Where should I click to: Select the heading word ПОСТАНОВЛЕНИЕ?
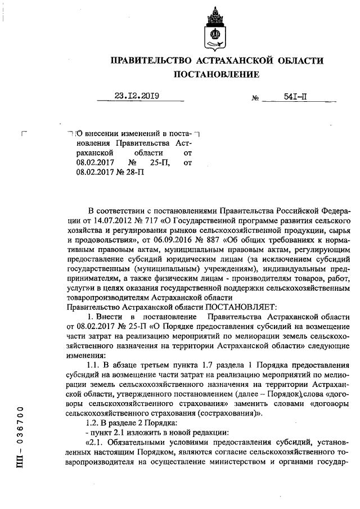click(x=216, y=74)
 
